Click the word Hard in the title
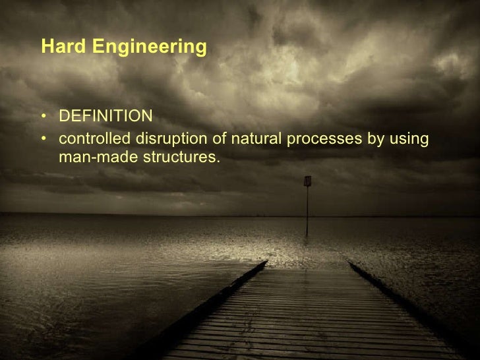[x=61, y=47]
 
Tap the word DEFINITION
[x=105, y=117]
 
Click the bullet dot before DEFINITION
[x=44, y=117]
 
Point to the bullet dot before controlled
[x=44, y=140]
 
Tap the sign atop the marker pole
[x=307, y=181]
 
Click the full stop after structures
[x=217, y=162]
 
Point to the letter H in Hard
[x=46, y=47]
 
